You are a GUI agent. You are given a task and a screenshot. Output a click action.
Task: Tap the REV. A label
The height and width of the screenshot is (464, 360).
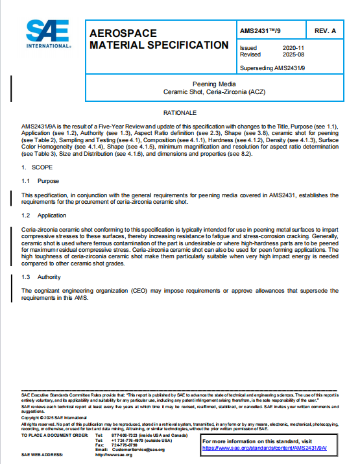pos(325,31)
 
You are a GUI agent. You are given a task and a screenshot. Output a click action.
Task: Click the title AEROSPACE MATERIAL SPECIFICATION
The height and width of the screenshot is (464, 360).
pos(158,39)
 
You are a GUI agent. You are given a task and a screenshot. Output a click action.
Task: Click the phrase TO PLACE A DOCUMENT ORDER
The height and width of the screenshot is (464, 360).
pos(53,435)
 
